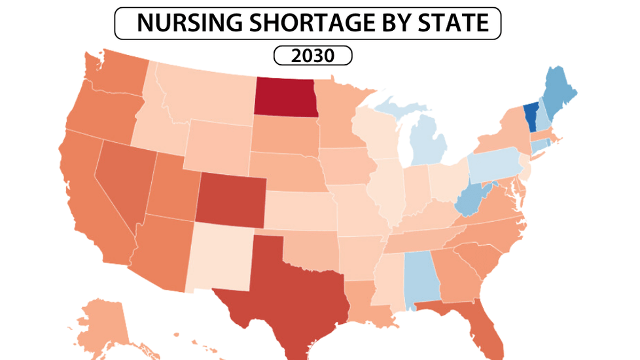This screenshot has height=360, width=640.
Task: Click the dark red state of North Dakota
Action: pos(285,97)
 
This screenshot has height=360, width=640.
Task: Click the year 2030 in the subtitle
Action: pos(313,56)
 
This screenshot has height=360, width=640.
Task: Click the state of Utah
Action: pos(171,190)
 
